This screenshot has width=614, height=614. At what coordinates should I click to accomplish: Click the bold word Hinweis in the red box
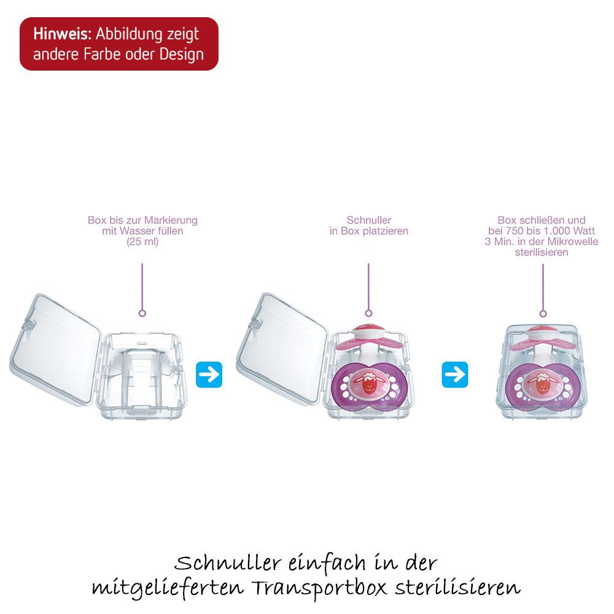[62, 34]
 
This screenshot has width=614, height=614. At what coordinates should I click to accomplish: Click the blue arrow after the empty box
[209, 375]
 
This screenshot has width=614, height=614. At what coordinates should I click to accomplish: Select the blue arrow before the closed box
[455, 375]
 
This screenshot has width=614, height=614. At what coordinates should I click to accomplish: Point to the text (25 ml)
[142, 241]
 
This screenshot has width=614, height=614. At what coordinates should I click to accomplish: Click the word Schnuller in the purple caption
[369, 220]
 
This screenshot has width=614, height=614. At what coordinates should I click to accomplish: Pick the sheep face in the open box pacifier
[368, 384]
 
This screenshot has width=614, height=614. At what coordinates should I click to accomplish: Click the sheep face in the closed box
[542, 384]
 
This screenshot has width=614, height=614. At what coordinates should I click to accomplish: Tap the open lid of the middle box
[282, 348]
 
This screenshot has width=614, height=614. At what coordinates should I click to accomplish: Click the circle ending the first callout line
[142, 313]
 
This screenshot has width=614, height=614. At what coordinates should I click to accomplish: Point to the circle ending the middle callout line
[368, 313]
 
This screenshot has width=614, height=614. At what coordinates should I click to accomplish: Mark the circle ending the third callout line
[543, 314]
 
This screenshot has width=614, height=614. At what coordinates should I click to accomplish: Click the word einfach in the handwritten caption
[327, 563]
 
